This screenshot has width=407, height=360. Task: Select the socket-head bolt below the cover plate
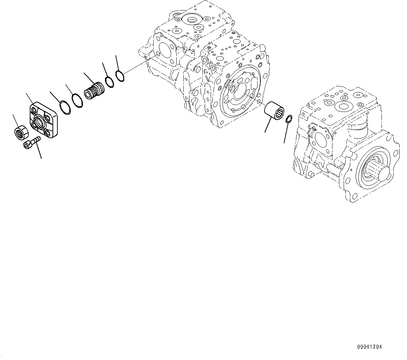[31, 143]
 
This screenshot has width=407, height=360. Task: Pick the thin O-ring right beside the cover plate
[65, 107]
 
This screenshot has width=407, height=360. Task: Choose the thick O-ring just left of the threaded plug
[77, 100]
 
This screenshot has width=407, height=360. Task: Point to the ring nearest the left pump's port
[120, 76]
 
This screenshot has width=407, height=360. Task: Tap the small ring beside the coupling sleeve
[289, 119]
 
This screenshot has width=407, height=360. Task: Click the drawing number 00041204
[370, 347]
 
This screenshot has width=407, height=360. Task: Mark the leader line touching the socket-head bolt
[40, 151]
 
